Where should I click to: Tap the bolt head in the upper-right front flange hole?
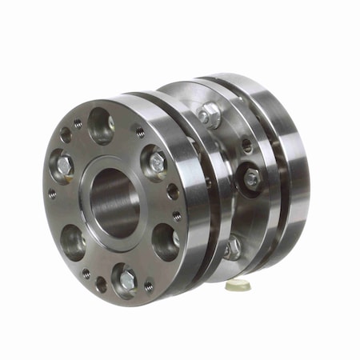click(157, 162)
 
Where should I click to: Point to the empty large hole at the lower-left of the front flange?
click(73, 241)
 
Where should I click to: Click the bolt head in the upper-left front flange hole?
click(64, 166)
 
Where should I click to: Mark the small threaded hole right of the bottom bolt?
click(149, 285)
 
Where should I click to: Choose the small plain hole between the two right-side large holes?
click(173, 192)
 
